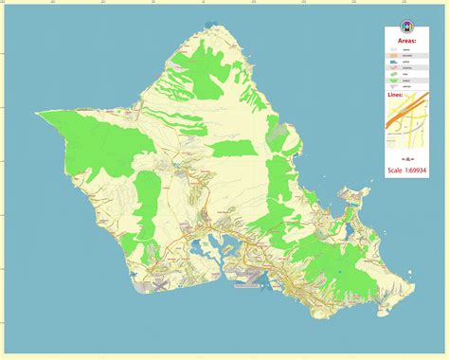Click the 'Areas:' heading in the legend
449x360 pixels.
pos(406,43)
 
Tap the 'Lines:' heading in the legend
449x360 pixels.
pos(396,95)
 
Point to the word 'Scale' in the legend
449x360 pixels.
pos(394,171)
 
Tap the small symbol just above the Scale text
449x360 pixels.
pos(405,157)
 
